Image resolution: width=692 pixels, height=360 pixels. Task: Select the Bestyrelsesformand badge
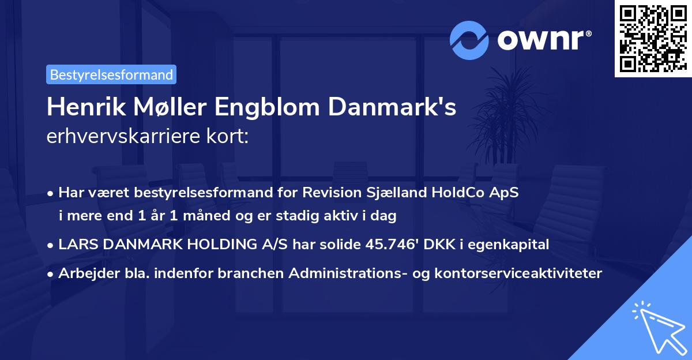coord(111,74)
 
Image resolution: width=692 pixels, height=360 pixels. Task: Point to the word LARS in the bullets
coord(73,245)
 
